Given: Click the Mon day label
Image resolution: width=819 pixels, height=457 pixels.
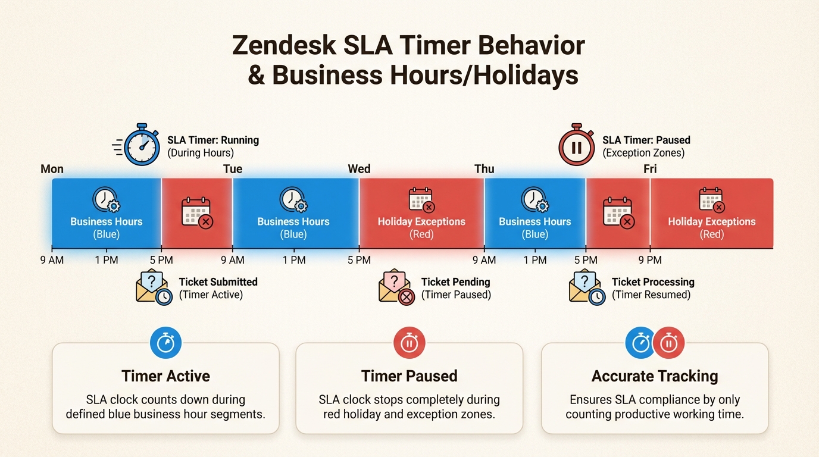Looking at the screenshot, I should [52, 169].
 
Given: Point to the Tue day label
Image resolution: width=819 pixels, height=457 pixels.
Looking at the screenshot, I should [233, 169].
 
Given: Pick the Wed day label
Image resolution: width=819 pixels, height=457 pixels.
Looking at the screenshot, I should [359, 169].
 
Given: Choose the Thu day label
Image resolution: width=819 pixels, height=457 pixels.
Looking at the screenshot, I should [484, 169].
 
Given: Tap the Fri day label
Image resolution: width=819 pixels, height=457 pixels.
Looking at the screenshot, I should [650, 169].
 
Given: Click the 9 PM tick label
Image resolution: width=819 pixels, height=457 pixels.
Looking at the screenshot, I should [650, 260].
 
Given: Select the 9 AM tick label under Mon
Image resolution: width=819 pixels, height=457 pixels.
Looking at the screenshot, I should [52, 260].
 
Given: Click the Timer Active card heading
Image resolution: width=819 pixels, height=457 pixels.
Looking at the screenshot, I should [165, 376].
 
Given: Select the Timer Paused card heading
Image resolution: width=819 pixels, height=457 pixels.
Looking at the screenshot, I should [409, 376].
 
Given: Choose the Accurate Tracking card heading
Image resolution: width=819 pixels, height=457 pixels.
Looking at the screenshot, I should [655, 376].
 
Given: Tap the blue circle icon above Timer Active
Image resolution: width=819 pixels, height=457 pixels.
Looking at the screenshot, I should [165, 343].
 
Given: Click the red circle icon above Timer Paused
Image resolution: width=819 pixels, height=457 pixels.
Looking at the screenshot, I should [409, 343].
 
